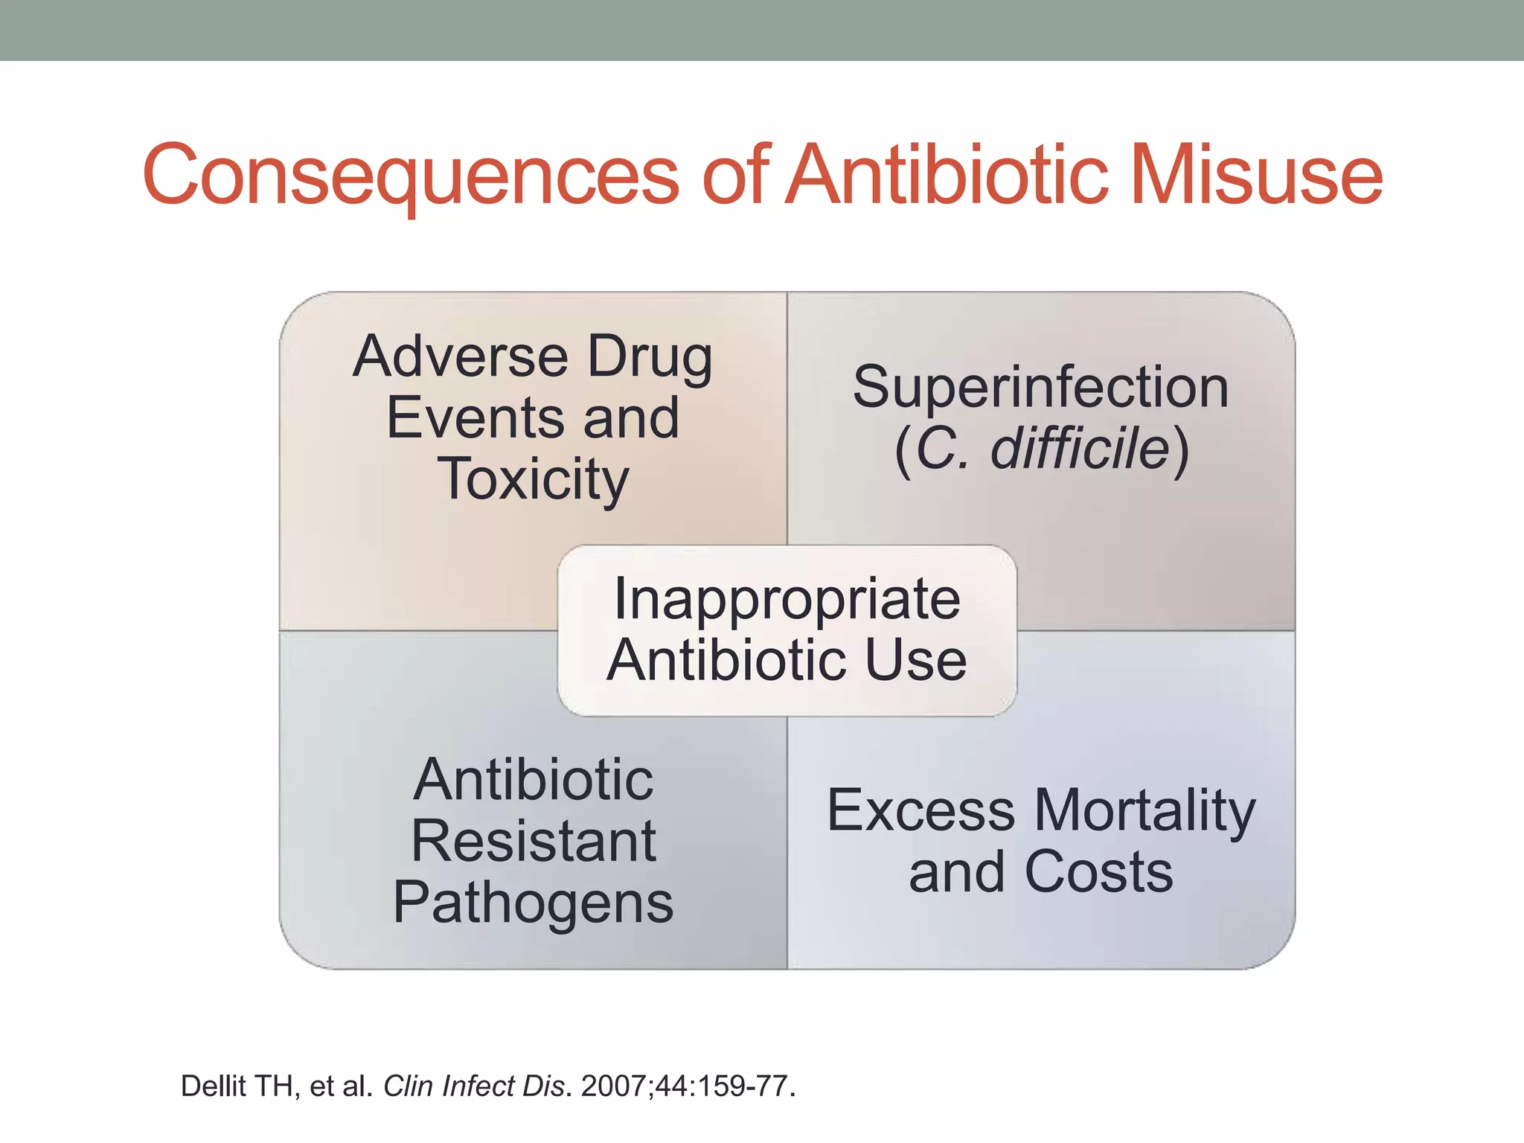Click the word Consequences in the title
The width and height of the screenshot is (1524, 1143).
click(x=410, y=176)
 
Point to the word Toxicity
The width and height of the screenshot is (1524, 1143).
click(x=533, y=479)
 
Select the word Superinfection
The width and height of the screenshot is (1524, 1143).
click(x=1040, y=387)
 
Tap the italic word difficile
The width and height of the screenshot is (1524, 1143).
click(x=1080, y=449)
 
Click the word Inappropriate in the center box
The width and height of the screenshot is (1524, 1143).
click(x=787, y=599)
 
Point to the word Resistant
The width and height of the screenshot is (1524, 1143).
click(x=533, y=841)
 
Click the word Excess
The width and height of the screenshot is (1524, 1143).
click(x=921, y=810)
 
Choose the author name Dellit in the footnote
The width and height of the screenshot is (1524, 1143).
click(x=214, y=1086)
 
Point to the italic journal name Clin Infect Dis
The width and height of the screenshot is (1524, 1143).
click(x=473, y=1086)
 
